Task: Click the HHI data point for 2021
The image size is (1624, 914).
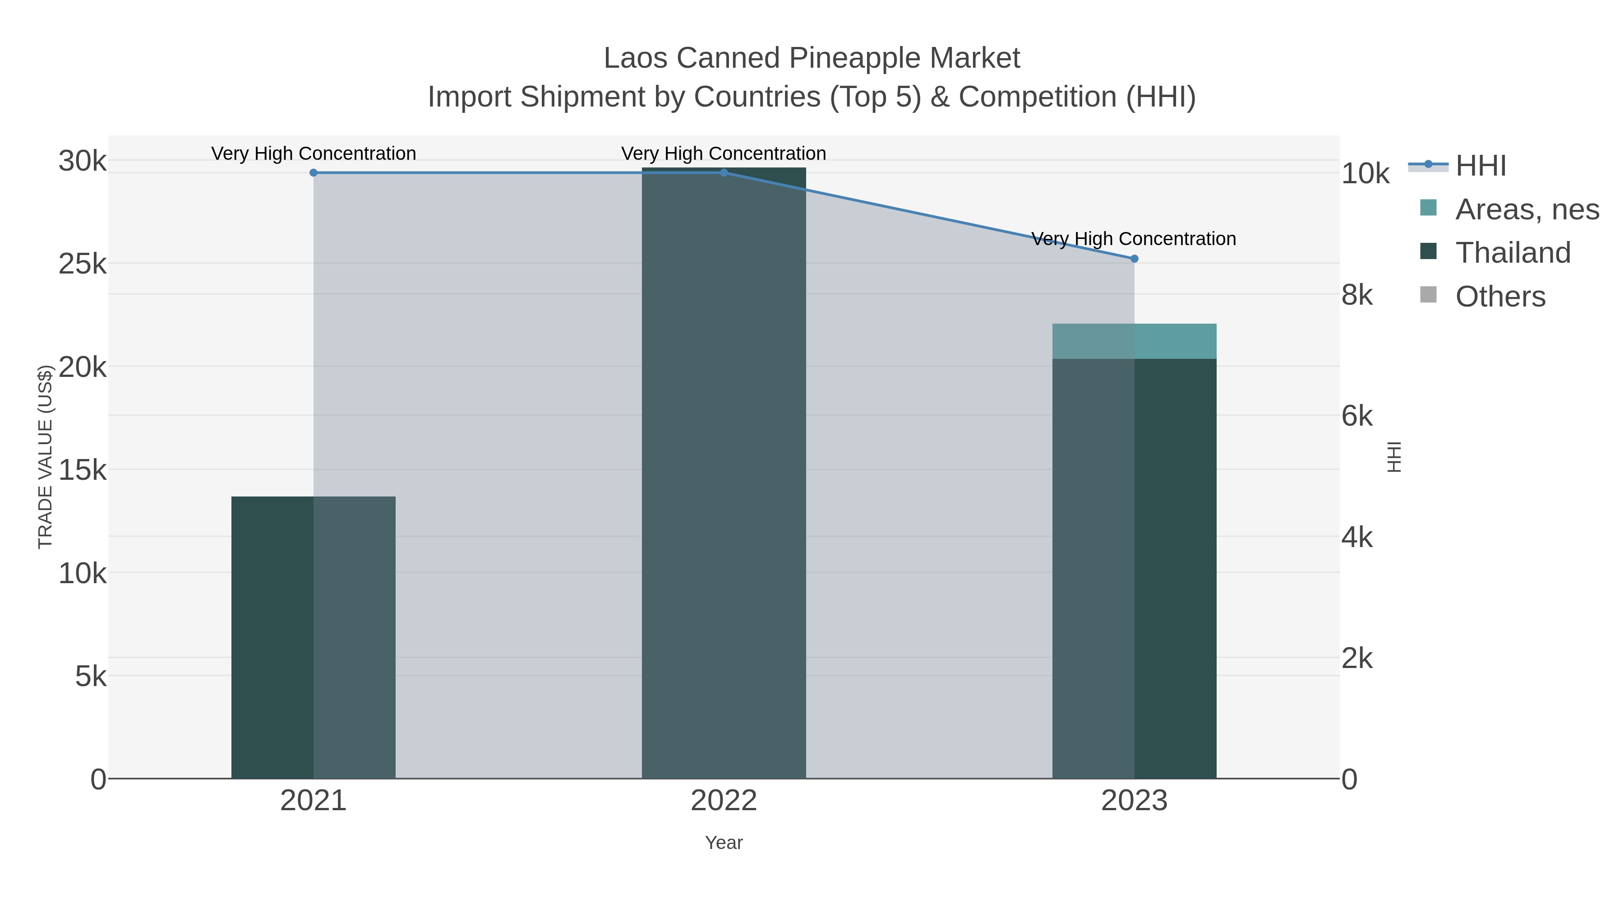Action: pos(314,173)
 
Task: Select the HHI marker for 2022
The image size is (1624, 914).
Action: pos(724,173)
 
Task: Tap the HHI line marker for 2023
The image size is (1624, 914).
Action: pos(1134,259)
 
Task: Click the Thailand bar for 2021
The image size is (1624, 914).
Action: pos(314,637)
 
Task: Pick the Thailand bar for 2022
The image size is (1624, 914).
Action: pos(724,473)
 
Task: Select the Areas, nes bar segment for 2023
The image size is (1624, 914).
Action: pos(1134,341)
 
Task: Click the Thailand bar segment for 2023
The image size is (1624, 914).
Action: pos(1134,568)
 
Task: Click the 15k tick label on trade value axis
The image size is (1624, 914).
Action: pos(83,470)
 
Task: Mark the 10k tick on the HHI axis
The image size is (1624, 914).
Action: pos(1365,174)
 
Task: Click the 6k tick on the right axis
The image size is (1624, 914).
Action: pos(1356,416)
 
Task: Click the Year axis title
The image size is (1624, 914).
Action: pos(724,843)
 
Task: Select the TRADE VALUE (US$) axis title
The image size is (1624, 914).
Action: pos(46,457)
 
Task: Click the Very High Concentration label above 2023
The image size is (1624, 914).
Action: pos(1134,239)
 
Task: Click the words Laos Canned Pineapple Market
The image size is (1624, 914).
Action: pos(812,58)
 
